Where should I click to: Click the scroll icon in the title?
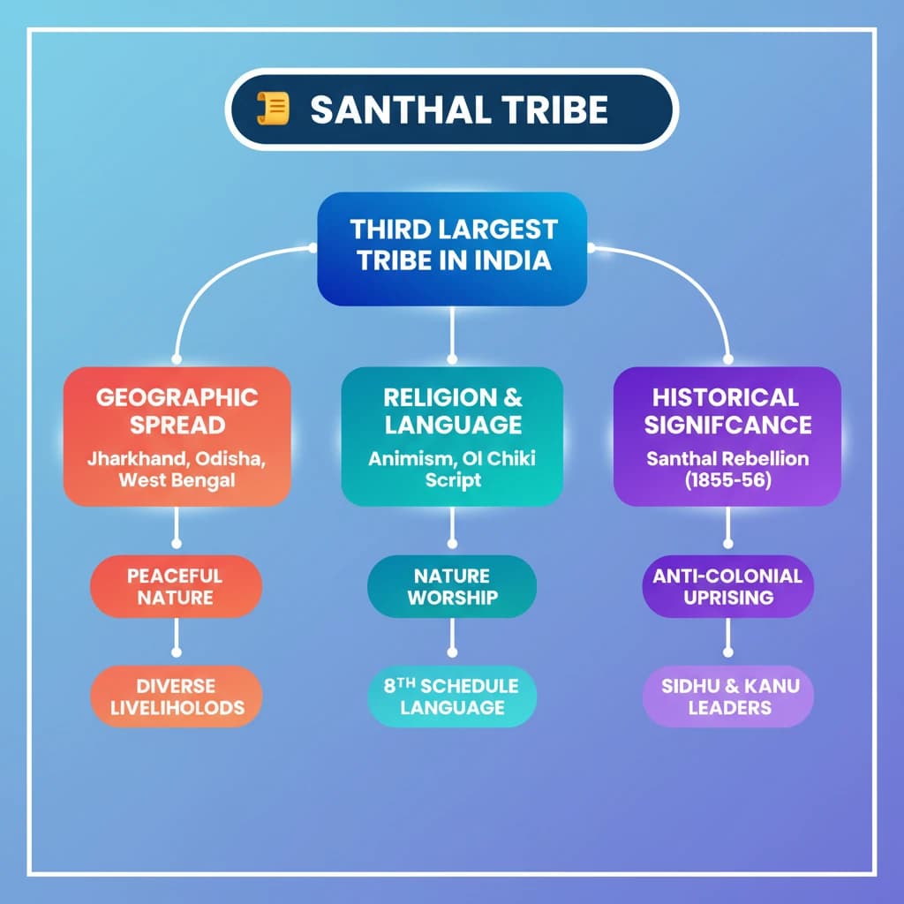click(x=275, y=109)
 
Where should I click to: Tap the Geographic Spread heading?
click(x=177, y=411)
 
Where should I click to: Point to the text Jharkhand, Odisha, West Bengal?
click(x=177, y=471)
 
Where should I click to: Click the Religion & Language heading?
click(x=452, y=411)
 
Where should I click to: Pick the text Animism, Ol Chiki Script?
click(x=452, y=471)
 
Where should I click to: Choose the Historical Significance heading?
click(x=727, y=411)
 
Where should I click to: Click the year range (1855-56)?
click(x=727, y=481)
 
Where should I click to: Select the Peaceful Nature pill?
click(x=177, y=586)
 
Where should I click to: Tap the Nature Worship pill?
click(x=452, y=586)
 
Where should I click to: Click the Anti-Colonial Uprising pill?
click(x=727, y=586)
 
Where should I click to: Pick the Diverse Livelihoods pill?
click(x=177, y=697)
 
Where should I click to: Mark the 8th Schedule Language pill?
click(x=452, y=697)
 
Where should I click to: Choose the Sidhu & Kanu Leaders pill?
click(x=727, y=697)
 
